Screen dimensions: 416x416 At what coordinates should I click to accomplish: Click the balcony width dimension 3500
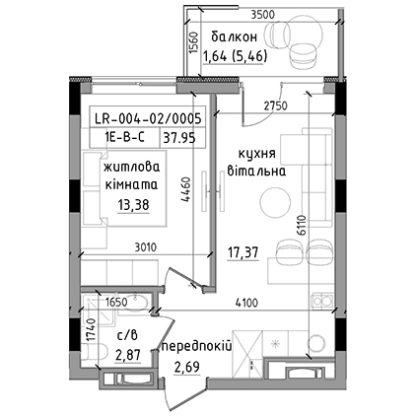[x=262, y=15]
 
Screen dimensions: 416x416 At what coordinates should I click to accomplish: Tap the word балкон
[x=234, y=36]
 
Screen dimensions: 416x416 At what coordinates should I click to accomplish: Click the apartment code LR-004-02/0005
[x=148, y=118]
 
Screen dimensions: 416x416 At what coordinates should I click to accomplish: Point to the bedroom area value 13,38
[x=133, y=205]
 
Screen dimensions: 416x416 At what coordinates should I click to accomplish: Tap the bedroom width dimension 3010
[x=146, y=247]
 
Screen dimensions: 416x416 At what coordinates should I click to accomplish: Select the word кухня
[x=257, y=155]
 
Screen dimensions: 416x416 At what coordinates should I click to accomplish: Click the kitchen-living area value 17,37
[x=243, y=253]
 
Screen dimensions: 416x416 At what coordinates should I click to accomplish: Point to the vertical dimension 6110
[x=302, y=226]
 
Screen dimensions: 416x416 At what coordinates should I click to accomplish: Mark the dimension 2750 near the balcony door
[x=276, y=105]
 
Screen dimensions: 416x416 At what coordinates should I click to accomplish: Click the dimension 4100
[x=246, y=303]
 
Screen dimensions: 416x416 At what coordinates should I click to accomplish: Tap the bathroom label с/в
[x=127, y=336]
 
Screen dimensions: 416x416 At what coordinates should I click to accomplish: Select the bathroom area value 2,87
[x=128, y=355]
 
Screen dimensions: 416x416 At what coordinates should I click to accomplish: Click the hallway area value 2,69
[x=186, y=367]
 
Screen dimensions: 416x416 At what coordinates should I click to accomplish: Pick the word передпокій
[x=196, y=346]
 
